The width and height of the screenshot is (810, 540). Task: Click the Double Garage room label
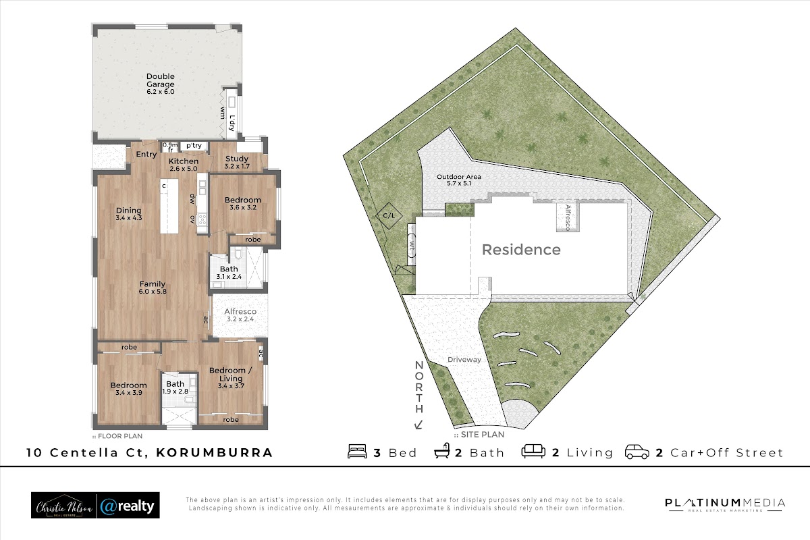pyautogui.click(x=161, y=84)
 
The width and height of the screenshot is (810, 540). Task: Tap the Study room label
pyautogui.click(x=237, y=163)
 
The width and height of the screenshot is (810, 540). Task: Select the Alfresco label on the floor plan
pyautogui.click(x=240, y=315)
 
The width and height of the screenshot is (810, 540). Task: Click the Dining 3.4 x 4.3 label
pyautogui.click(x=129, y=214)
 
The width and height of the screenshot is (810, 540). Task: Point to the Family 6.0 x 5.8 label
pyautogui.click(x=153, y=288)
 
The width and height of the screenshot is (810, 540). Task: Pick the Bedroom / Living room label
pyautogui.click(x=231, y=378)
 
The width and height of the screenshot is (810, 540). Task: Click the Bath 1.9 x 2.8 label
pyautogui.click(x=175, y=387)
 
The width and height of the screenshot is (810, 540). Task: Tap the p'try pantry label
pyautogui.click(x=194, y=146)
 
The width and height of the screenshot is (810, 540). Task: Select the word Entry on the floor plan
pyautogui.click(x=146, y=155)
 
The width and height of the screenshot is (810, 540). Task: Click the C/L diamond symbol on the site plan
pyautogui.click(x=389, y=215)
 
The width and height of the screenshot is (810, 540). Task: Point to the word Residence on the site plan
pyautogui.click(x=521, y=250)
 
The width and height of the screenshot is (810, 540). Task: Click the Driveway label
pyautogui.click(x=464, y=360)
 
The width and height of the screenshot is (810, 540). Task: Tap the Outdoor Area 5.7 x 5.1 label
pyautogui.click(x=459, y=180)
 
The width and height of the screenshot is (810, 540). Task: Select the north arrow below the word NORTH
pyautogui.click(x=418, y=425)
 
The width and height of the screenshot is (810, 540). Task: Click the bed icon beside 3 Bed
pyautogui.click(x=357, y=452)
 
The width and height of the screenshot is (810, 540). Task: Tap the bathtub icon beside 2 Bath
pyautogui.click(x=442, y=451)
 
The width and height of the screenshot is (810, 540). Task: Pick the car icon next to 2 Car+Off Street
pyautogui.click(x=637, y=452)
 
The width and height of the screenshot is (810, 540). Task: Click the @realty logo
pyautogui.click(x=128, y=506)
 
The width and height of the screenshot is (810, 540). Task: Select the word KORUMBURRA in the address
pyautogui.click(x=214, y=453)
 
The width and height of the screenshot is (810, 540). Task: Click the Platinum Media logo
pyautogui.click(x=726, y=504)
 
